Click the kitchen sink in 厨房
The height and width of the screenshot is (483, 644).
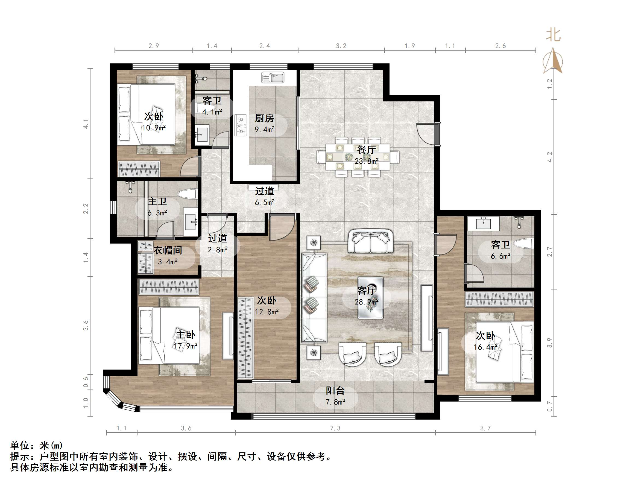pyautogui.click(x=273, y=77)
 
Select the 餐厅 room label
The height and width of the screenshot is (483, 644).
pyautogui.click(x=366, y=150)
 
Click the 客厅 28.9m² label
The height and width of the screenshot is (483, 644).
pyautogui.click(x=367, y=296)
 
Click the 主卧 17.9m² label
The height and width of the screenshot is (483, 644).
pyautogui.click(x=185, y=340)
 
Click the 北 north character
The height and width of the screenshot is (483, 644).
pyautogui.click(x=554, y=35)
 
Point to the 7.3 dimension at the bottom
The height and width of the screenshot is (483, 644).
pyautogui.click(x=335, y=428)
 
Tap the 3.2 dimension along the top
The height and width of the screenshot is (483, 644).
pyautogui.click(x=341, y=46)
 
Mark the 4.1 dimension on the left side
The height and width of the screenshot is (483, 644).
pyautogui.click(x=86, y=124)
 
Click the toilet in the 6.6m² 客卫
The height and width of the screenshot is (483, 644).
pyautogui.click(x=524, y=243)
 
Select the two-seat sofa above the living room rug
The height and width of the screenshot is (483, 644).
pyautogui.click(x=370, y=241)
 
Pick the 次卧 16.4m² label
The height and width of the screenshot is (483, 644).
pyautogui.click(x=486, y=341)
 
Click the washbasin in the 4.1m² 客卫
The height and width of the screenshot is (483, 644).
pyautogui.click(x=202, y=133)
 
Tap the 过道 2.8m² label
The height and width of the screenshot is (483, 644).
pyautogui.click(x=218, y=244)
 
